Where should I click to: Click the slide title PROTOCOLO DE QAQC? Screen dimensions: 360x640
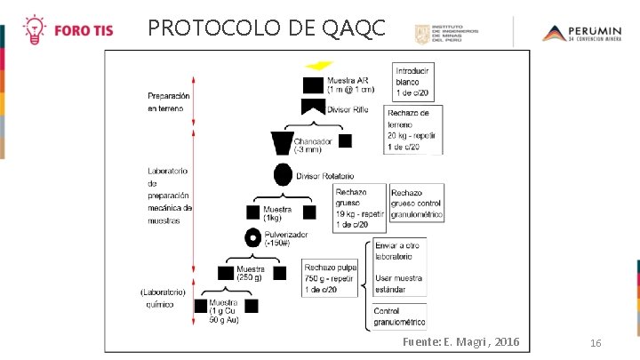pos(267,28)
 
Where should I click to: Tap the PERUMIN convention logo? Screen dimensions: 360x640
pos(582,34)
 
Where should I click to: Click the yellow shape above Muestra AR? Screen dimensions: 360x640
pos(318,67)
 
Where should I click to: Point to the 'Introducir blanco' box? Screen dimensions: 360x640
pos(413,82)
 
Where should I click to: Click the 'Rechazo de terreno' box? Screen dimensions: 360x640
pos(413,130)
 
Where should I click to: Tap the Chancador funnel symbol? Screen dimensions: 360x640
pos(283,142)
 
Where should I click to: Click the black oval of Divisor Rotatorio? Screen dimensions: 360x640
pos(284,175)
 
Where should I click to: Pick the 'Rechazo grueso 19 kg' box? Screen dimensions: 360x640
pos(359,208)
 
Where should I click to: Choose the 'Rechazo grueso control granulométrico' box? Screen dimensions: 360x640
pos(416,204)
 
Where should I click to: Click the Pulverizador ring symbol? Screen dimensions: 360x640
pos(253,238)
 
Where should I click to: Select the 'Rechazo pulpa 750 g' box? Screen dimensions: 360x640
pos(331,277)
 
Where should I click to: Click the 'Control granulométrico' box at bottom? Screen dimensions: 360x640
pos(400,316)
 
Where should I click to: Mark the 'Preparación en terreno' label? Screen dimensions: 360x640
pos(169,101)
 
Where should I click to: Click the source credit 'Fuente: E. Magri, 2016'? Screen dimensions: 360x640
pos(461,342)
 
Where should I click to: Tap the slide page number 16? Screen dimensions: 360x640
pos(596,343)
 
